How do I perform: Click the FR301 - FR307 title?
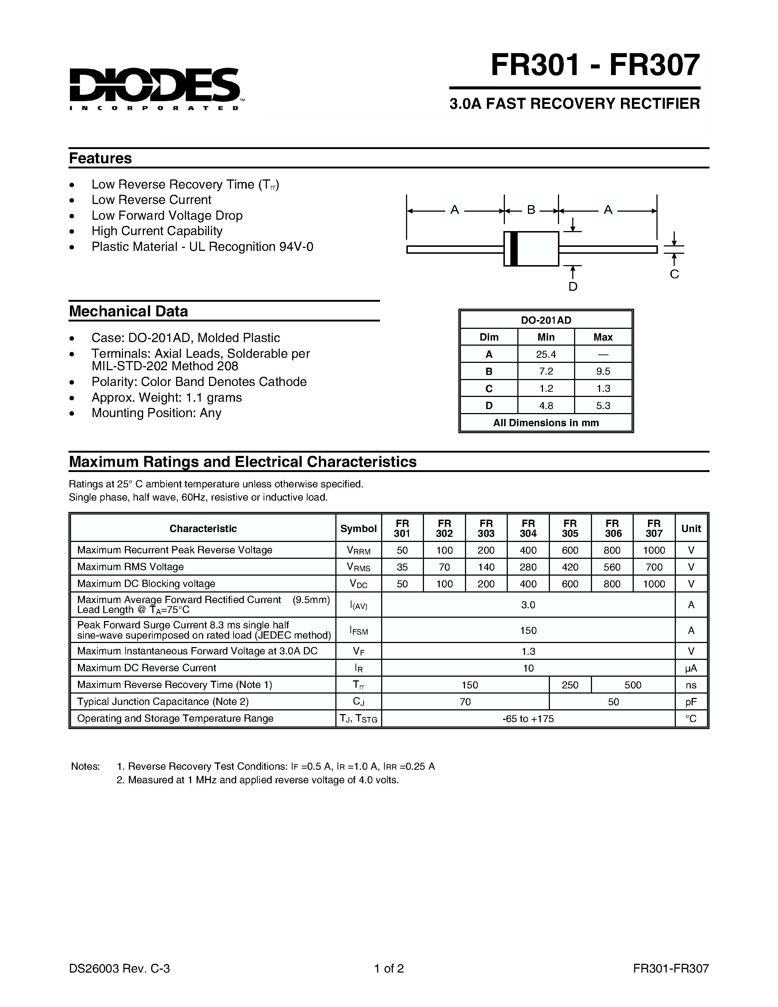tap(595, 65)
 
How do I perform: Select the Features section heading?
tap(100, 158)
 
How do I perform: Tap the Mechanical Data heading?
tap(128, 311)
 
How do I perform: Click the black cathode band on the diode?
tap(514, 249)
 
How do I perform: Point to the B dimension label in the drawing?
tap(531, 210)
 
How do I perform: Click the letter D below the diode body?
tap(573, 287)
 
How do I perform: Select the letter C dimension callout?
tap(674, 274)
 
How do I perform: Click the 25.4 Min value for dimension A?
tap(546, 354)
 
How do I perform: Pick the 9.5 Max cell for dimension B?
tap(603, 371)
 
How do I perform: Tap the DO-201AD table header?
tap(546, 320)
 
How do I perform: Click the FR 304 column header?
tap(528, 528)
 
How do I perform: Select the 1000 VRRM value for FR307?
tap(654, 550)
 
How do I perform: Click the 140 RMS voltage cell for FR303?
tap(486, 567)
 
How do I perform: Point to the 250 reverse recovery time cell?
tap(570, 685)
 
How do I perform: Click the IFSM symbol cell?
tap(358, 630)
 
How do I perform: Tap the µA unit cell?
tap(691, 668)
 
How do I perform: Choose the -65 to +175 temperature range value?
tap(528, 719)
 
